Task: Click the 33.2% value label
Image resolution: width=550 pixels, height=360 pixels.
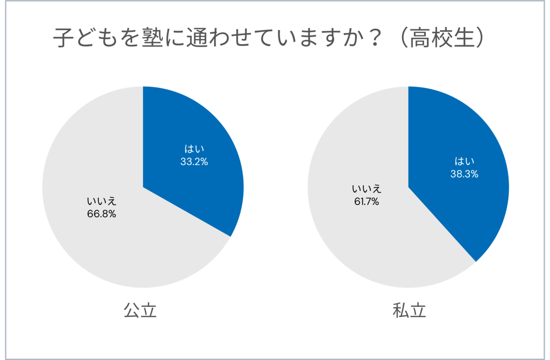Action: coord(194,162)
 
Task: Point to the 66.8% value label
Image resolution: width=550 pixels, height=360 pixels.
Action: coord(102,214)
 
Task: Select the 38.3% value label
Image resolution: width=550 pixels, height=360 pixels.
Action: coord(464,174)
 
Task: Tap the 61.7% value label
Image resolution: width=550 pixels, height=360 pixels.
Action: coord(367,201)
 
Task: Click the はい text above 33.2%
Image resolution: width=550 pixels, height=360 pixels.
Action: coord(194,149)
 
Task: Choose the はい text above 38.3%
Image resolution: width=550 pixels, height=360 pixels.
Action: coord(464,161)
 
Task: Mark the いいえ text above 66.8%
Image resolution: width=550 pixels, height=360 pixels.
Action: coord(102,201)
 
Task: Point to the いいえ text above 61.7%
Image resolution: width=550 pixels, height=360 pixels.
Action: coord(367,189)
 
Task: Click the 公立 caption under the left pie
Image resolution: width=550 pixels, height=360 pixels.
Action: coord(140,311)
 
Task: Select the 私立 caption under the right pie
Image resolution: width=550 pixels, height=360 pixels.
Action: coord(409,311)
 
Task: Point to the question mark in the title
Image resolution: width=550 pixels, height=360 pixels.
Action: coord(375,38)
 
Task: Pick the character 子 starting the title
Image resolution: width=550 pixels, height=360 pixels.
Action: coord(64,38)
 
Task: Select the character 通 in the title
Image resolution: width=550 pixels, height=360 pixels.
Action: coord(197,38)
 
